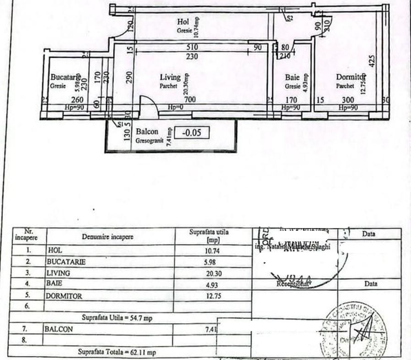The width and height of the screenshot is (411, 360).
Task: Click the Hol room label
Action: [183, 22]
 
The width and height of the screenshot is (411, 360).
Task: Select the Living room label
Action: [170, 77]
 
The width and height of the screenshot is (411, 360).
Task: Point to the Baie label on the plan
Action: [292, 77]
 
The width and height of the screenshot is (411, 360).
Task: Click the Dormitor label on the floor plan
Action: [351, 77]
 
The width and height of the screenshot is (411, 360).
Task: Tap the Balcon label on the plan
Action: [147, 132]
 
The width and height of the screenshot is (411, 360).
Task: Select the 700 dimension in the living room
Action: [189, 99]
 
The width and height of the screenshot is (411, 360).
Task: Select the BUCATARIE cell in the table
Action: [66, 262]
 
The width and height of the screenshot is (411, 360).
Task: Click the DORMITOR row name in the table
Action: [64, 296]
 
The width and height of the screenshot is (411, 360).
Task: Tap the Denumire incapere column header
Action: [108, 237]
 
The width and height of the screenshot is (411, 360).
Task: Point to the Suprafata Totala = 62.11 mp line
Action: [117, 352]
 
